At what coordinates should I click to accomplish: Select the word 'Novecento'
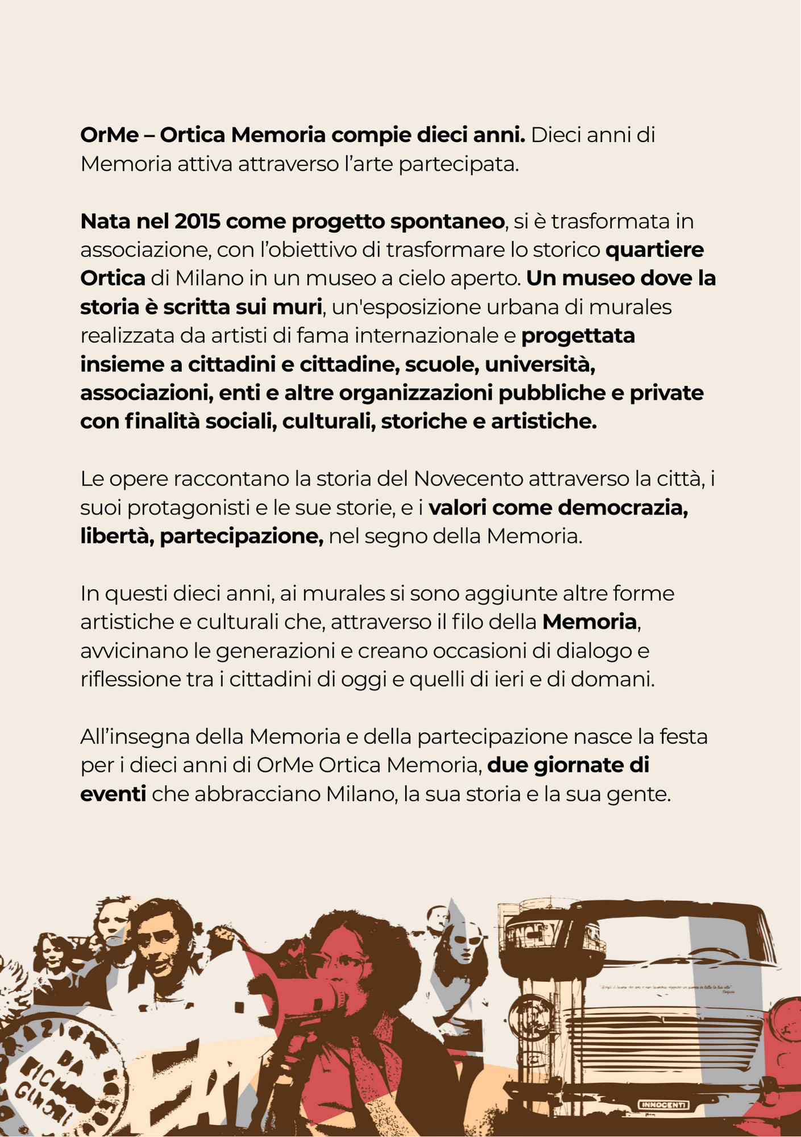click(x=468, y=479)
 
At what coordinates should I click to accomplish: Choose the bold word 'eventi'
click(x=113, y=794)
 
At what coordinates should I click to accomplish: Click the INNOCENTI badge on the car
click(x=664, y=1105)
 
